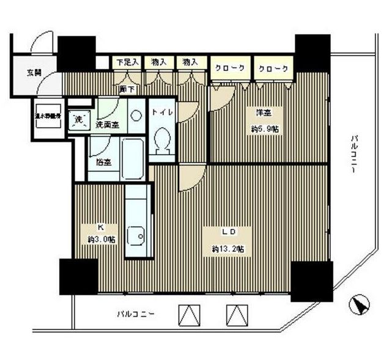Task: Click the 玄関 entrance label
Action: click(x=34, y=73)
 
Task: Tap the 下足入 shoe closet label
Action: click(x=128, y=62)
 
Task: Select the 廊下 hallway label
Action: click(x=127, y=89)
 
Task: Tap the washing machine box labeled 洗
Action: click(x=78, y=119)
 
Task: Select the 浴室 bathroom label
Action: click(x=103, y=162)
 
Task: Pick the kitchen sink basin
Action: click(x=135, y=235)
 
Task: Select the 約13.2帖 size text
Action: click(x=229, y=249)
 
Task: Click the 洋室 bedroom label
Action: click(x=264, y=112)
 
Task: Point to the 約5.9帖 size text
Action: click(x=264, y=129)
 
